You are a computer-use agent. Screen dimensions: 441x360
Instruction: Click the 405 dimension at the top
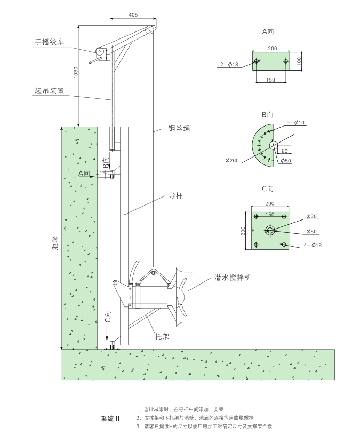[x=132, y=15]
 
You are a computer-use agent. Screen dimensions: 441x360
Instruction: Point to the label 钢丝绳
[x=179, y=129]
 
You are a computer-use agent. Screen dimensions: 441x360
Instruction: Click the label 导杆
[x=175, y=196]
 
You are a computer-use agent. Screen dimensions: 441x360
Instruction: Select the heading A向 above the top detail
[x=268, y=32]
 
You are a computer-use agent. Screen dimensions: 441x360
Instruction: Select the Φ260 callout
[x=233, y=160]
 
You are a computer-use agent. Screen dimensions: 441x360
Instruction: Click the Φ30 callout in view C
[x=311, y=216]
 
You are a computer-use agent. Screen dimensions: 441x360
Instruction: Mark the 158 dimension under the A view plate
[x=271, y=81]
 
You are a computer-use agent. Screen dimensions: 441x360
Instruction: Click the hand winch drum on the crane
[x=99, y=52]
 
